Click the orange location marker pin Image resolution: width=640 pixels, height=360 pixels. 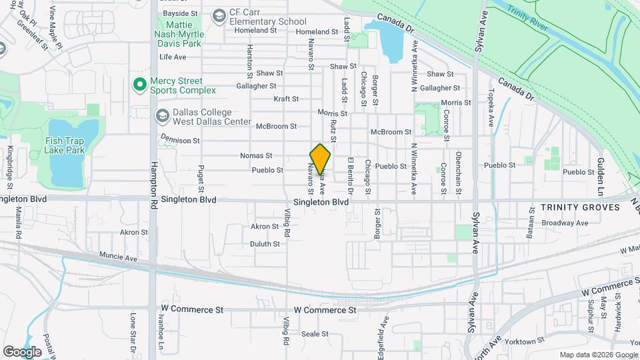320,159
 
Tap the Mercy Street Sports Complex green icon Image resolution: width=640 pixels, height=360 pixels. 139,85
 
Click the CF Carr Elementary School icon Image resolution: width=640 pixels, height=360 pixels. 219,16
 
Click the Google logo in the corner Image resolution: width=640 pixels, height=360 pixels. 22,351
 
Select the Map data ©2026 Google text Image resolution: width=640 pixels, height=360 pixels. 598,355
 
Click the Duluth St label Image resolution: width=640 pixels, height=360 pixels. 265,244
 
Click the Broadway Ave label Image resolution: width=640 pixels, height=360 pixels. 564,223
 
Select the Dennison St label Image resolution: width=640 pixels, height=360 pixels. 180,141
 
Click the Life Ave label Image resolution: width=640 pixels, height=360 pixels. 173,57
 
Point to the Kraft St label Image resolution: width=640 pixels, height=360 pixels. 286,99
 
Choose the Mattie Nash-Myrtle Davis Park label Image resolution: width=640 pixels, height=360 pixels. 178,33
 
